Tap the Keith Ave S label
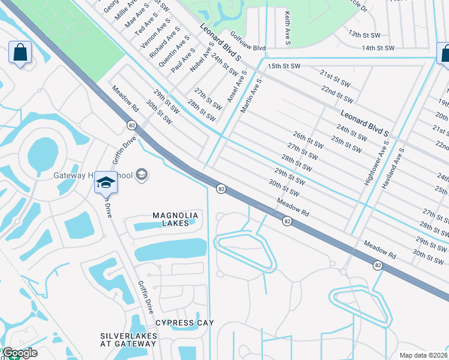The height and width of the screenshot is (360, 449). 288,29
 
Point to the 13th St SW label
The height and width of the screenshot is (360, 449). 364,35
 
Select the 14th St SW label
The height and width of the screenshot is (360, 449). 378,47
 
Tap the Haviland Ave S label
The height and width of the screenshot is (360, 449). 392,169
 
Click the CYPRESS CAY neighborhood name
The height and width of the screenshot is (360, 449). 184,323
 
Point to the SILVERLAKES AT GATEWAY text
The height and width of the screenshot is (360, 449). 128,340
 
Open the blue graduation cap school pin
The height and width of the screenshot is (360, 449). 106,182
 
